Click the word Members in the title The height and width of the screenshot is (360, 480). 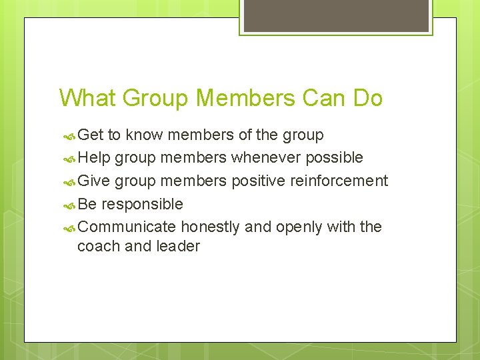[245, 98]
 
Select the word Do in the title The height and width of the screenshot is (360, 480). [368, 98]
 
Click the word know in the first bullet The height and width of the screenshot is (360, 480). [144, 135]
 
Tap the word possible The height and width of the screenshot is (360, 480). [335, 158]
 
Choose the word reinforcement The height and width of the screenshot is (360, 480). [340, 181]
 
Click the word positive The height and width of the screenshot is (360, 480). [260, 181]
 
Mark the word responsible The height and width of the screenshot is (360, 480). [142, 203]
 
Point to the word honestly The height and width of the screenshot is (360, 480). [210, 227]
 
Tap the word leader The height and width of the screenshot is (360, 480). [178, 246]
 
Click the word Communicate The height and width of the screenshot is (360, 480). [127, 227]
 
